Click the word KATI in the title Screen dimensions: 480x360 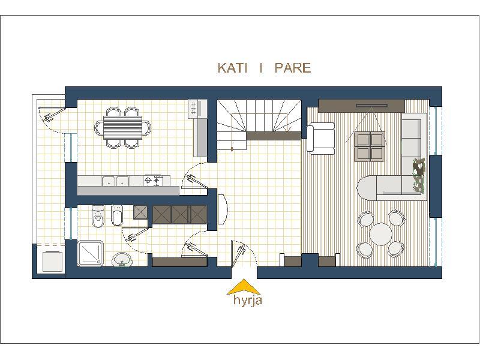(x=232, y=68)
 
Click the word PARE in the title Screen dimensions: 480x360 (x=293, y=68)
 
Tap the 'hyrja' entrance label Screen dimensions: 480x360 (x=248, y=300)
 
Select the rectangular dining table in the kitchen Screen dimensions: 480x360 (x=123, y=127)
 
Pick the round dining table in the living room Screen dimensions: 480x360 (x=381, y=234)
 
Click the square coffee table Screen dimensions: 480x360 (x=370, y=146)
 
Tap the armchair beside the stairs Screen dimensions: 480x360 (x=321, y=138)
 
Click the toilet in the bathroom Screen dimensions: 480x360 (x=98, y=217)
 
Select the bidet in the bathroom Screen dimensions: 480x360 (x=116, y=215)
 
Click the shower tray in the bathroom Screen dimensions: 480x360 (x=91, y=253)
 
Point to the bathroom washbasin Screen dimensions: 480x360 (x=122, y=260)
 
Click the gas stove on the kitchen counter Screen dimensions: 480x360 (x=153, y=181)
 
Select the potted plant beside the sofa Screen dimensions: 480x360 (x=418, y=175)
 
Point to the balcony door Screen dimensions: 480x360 (x=52, y=114)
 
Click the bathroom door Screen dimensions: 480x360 (x=136, y=233)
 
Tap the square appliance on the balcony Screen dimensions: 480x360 (x=52, y=261)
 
